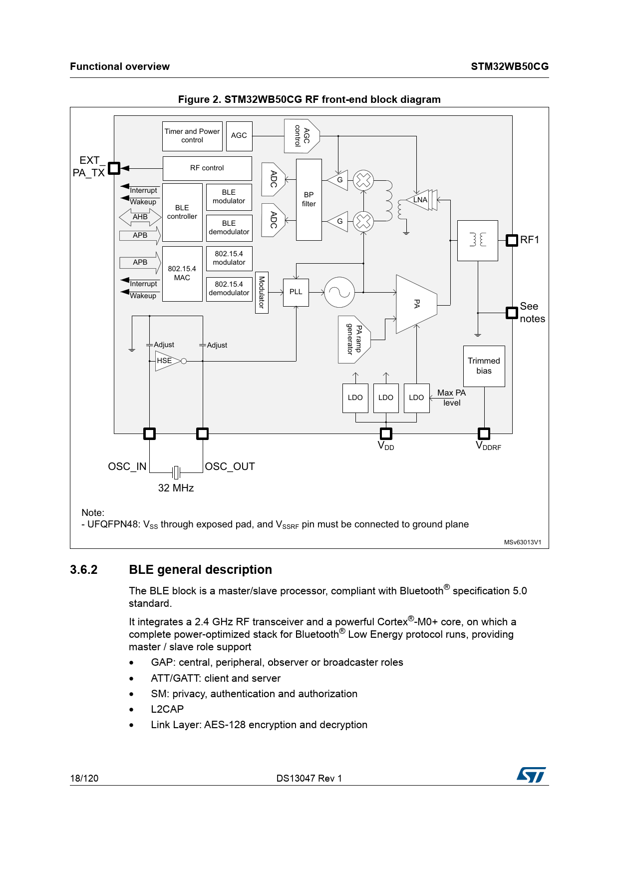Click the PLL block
[x=296, y=292]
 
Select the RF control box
[x=207, y=168]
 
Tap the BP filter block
[x=309, y=200]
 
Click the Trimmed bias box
[x=484, y=366]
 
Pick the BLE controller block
[x=182, y=212]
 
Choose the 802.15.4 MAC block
[x=182, y=274]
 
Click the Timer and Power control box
[x=192, y=136]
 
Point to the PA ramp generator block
[x=354, y=340]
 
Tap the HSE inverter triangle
[x=168, y=361]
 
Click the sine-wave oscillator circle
[x=339, y=292]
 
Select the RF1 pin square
[x=512, y=240]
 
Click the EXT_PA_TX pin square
[x=114, y=168]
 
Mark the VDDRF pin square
[x=484, y=434]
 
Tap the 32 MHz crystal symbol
[x=176, y=472]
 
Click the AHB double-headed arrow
[x=140, y=217]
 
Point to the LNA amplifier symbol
[x=422, y=200]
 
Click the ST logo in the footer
[x=531, y=775]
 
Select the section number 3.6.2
[x=84, y=570]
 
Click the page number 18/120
[x=84, y=778]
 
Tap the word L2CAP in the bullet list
[x=167, y=709]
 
